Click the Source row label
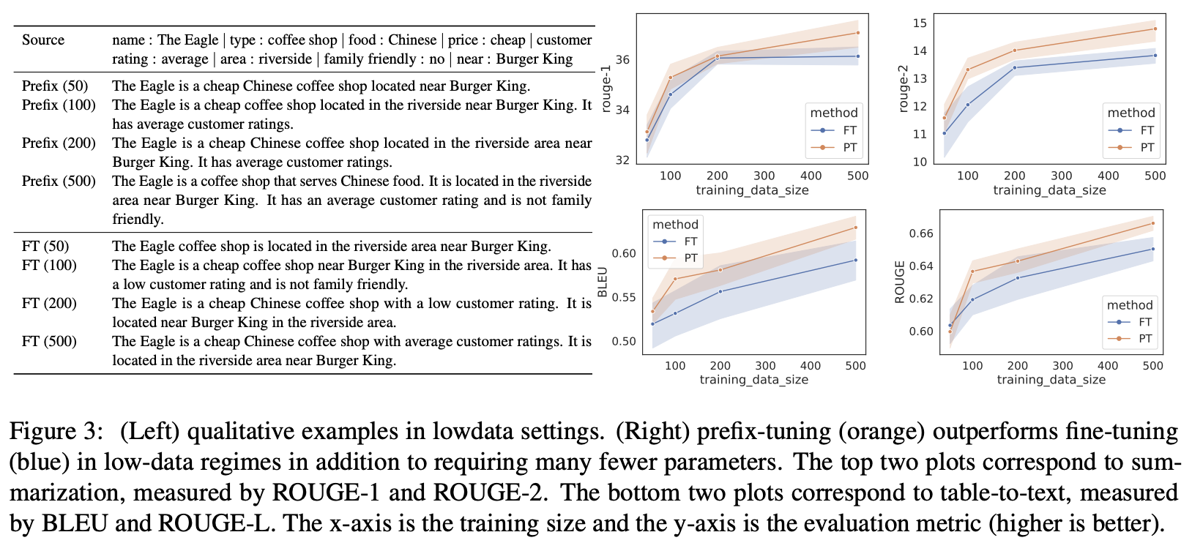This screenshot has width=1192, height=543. (x=43, y=40)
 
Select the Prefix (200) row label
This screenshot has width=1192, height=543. (x=59, y=143)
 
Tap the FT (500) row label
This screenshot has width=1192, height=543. (x=49, y=341)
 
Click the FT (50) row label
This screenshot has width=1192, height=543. (x=45, y=246)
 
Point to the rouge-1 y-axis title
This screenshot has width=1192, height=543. (x=606, y=89)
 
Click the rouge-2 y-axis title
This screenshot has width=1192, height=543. (x=903, y=89)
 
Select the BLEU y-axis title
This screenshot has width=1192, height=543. (x=603, y=282)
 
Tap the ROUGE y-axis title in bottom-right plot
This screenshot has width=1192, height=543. (x=900, y=282)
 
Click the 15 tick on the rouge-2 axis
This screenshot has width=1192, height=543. (x=920, y=23)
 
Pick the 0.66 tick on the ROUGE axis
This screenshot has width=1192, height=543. (x=921, y=233)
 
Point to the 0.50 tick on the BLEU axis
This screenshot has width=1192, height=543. (x=624, y=341)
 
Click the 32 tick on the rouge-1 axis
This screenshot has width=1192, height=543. (x=622, y=160)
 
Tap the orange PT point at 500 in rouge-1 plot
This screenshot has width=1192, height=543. (x=857, y=33)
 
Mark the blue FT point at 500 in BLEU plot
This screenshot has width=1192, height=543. (x=855, y=260)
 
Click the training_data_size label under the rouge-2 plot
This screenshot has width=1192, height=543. (x=1049, y=190)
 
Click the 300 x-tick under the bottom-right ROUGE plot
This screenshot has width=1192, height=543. (x=1062, y=366)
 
